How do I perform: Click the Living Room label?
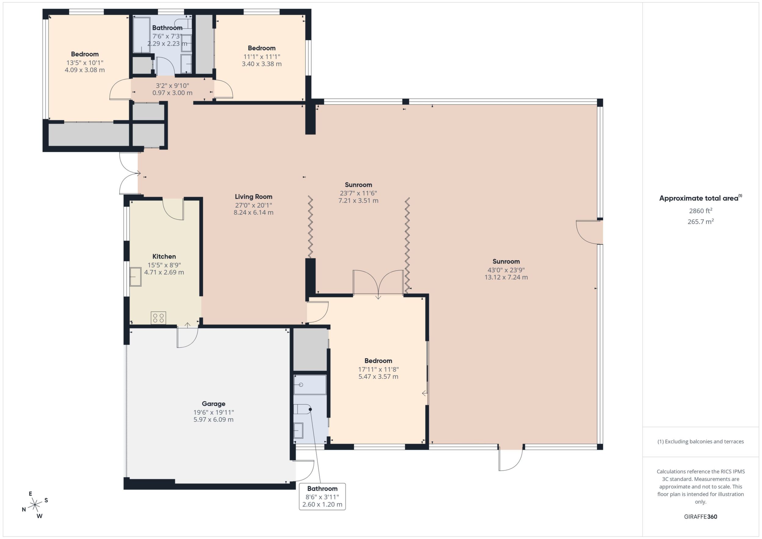pyautogui.click(x=254, y=197)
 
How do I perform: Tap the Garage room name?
pyautogui.click(x=213, y=404)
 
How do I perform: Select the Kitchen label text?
pyautogui.click(x=164, y=257)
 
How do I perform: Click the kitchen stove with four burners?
pyautogui.click(x=158, y=318)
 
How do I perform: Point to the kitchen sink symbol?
pyautogui.click(x=136, y=276)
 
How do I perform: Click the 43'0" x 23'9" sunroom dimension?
pyautogui.click(x=506, y=270)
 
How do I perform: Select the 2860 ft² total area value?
pyautogui.click(x=701, y=211)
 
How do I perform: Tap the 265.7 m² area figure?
pyautogui.click(x=701, y=221)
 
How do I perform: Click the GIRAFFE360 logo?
pyautogui.click(x=701, y=517)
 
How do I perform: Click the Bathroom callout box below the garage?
pyautogui.click(x=322, y=497)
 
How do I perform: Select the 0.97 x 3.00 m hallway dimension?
pyautogui.click(x=172, y=93)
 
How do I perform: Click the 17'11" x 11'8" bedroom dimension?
pyautogui.click(x=378, y=370)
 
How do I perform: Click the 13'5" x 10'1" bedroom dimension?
pyautogui.click(x=85, y=63)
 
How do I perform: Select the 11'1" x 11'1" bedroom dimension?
pyautogui.click(x=262, y=57)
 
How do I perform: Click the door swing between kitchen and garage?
pyautogui.click(x=187, y=337)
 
